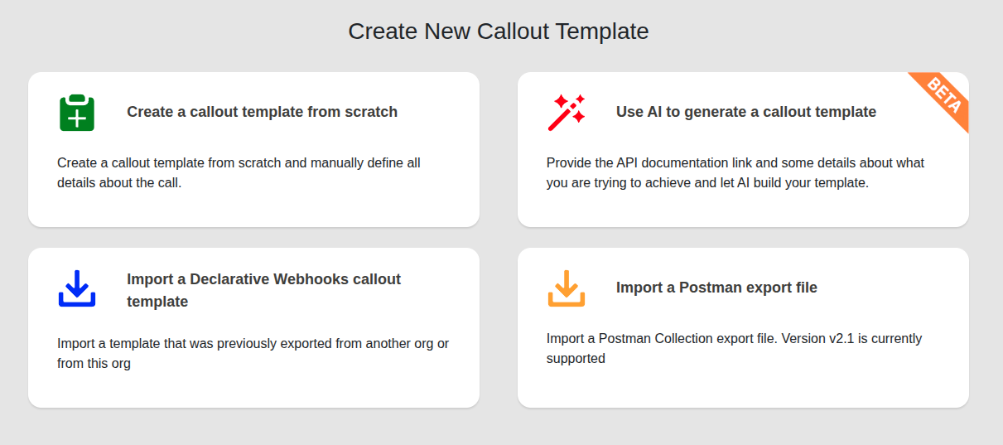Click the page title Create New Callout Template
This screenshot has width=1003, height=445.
499,31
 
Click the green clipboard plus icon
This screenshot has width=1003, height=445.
77,113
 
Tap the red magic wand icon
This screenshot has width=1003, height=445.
567,113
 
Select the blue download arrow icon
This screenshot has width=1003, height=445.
77,288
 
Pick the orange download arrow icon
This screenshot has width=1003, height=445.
567,288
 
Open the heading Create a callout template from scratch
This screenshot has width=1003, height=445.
262,112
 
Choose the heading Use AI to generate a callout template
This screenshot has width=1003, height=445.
746,112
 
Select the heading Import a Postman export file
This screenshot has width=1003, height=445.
716,288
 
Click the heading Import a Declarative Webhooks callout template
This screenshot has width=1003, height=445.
263,290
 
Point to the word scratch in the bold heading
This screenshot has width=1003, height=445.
371,112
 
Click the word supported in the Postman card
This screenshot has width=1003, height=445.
576,359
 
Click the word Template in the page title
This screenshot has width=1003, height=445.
602,31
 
